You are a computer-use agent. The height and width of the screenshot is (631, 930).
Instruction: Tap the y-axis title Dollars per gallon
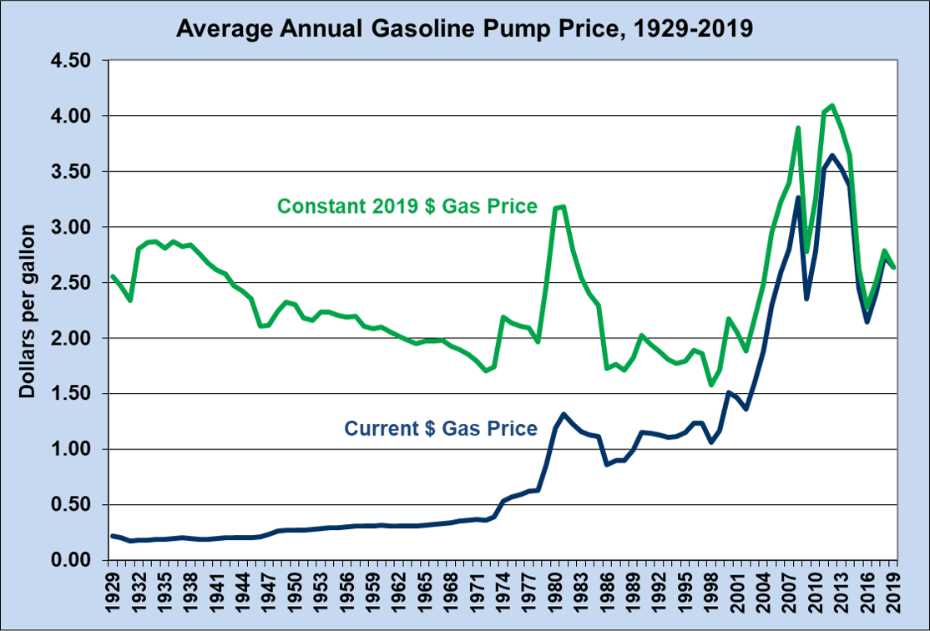(x=28, y=310)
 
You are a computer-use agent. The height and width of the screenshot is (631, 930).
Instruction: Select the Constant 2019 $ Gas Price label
(x=407, y=205)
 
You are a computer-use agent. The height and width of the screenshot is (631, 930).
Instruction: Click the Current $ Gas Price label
(x=440, y=429)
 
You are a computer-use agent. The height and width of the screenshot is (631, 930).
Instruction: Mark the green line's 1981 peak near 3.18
(x=564, y=207)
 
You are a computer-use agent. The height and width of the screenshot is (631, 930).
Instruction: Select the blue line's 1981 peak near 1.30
(x=564, y=415)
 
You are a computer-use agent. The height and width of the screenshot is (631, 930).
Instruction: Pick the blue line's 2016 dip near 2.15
(x=868, y=321)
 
